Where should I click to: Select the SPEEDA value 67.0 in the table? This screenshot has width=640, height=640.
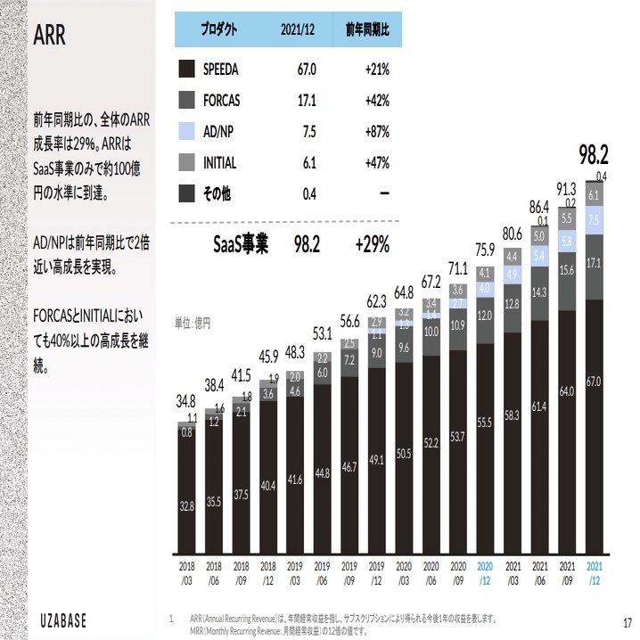click(307, 69)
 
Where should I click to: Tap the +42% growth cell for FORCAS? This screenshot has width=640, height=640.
click(376, 100)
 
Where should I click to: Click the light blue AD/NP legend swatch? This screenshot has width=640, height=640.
click(186, 131)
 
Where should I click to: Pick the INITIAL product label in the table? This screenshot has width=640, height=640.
click(219, 162)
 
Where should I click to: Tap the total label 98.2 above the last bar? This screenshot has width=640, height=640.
click(593, 154)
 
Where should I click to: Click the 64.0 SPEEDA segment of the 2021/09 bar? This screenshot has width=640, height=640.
click(567, 391)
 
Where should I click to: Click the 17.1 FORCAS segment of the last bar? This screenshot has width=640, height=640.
click(594, 264)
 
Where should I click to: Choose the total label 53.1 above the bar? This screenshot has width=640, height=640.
click(322, 333)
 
